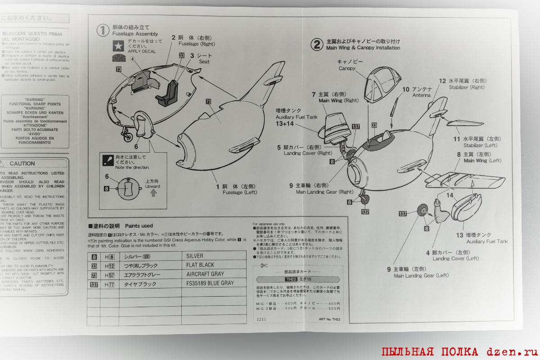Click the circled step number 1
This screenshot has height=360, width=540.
click(103, 30)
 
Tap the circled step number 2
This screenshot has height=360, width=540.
click(318, 44)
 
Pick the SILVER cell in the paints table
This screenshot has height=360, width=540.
click(194, 256)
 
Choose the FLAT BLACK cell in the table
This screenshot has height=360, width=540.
click(200, 265)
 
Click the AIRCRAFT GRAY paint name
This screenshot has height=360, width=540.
click(205, 274)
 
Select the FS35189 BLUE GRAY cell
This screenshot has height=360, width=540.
click(210, 284)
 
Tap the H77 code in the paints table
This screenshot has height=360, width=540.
click(109, 284)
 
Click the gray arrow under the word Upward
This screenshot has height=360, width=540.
click(153, 193)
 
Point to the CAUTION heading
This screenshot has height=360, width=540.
click(22, 164)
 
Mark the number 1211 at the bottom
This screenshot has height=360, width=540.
click(261, 319)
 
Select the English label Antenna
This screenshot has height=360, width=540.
click(422, 95)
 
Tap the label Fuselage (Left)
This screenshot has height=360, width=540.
click(239, 193)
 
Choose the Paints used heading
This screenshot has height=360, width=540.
click(139, 226)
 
